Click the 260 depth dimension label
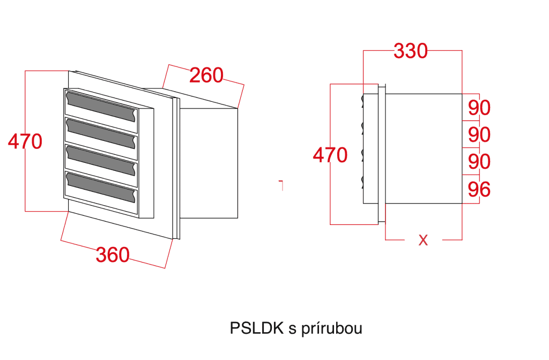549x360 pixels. point(206,76)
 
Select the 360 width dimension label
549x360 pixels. point(113,254)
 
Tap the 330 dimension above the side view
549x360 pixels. point(411,51)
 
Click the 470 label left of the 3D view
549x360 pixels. point(25,142)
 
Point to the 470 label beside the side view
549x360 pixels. point(330,156)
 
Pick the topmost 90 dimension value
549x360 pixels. point(479,108)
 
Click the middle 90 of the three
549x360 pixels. point(479,134)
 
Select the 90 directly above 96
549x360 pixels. point(479,161)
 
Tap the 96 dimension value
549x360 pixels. point(479,190)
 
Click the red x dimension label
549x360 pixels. point(423,241)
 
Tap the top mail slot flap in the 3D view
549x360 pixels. point(100,106)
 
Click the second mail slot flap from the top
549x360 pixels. point(100,132)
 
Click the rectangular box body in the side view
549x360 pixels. point(424,149)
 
